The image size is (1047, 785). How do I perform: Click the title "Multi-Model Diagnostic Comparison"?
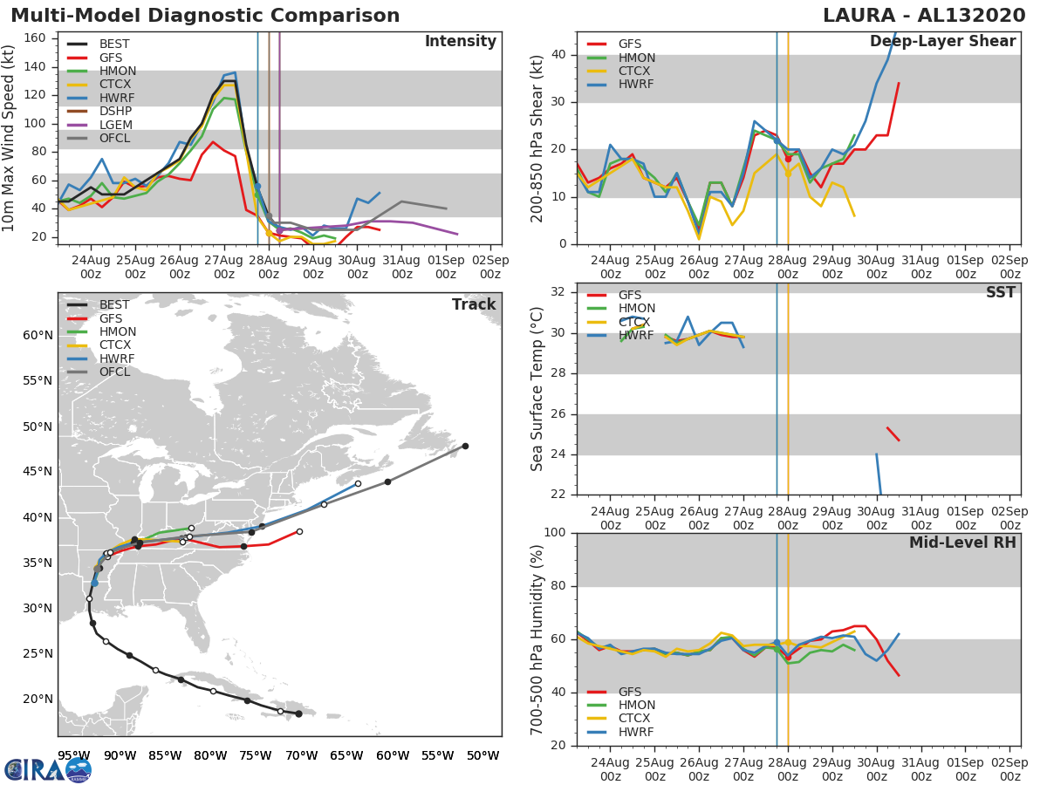click(205, 16)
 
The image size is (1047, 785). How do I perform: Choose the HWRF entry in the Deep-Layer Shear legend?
click(635, 85)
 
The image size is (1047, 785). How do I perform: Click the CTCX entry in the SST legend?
click(635, 322)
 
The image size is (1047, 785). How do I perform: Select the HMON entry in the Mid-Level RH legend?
click(635, 705)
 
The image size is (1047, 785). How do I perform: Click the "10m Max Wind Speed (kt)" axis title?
click(10, 140)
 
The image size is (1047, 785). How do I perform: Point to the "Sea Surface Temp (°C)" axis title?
click(537, 388)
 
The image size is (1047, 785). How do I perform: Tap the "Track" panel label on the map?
click(474, 304)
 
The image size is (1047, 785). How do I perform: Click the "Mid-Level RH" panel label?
click(961, 543)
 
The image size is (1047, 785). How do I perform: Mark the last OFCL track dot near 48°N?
click(465, 446)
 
